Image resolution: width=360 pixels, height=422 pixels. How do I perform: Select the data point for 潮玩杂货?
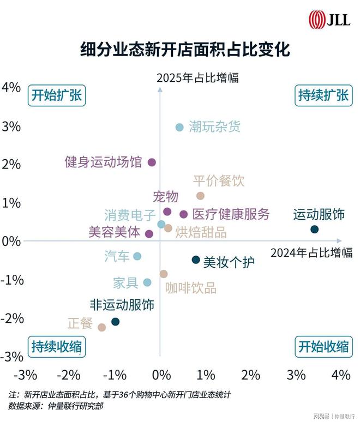[x=179, y=127]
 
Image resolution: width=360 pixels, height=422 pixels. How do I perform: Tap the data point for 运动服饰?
[x=314, y=230]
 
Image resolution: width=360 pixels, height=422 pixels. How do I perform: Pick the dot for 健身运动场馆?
[x=152, y=162]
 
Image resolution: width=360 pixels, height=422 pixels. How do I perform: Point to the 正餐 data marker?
[x=101, y=327]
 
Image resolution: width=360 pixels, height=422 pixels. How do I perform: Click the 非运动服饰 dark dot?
[x=115, y=322]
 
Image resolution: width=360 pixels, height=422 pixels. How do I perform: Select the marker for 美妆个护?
[x=196, y=260]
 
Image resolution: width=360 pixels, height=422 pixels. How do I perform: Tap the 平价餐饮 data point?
[x=200, y=196]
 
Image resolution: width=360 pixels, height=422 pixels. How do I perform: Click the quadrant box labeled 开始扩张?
[x=56, y=95]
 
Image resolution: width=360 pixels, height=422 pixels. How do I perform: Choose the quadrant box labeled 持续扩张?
[x=323, y=95]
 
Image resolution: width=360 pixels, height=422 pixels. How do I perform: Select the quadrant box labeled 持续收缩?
[x=56, y=346]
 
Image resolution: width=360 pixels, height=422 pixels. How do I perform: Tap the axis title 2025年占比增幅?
[x=197, y=78]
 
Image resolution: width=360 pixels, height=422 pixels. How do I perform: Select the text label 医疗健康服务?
[x=231, y=214]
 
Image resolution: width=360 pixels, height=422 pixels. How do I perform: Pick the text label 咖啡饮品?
[x=191, y=288]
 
